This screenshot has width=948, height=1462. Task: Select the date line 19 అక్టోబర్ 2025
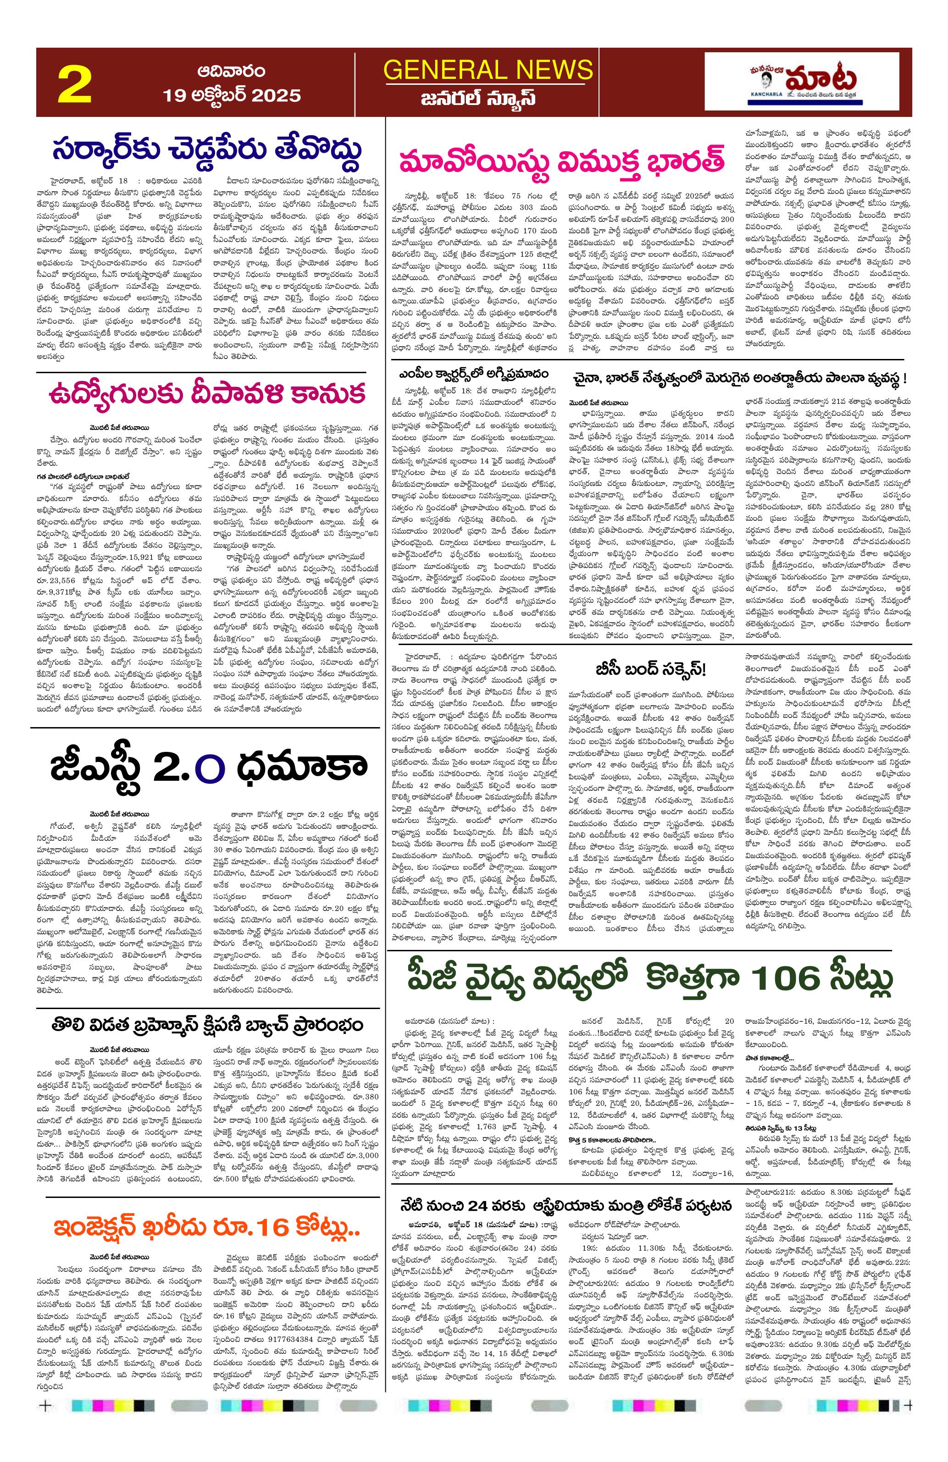point(232,95)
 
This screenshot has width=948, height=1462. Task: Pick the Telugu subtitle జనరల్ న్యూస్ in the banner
point(479,99)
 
